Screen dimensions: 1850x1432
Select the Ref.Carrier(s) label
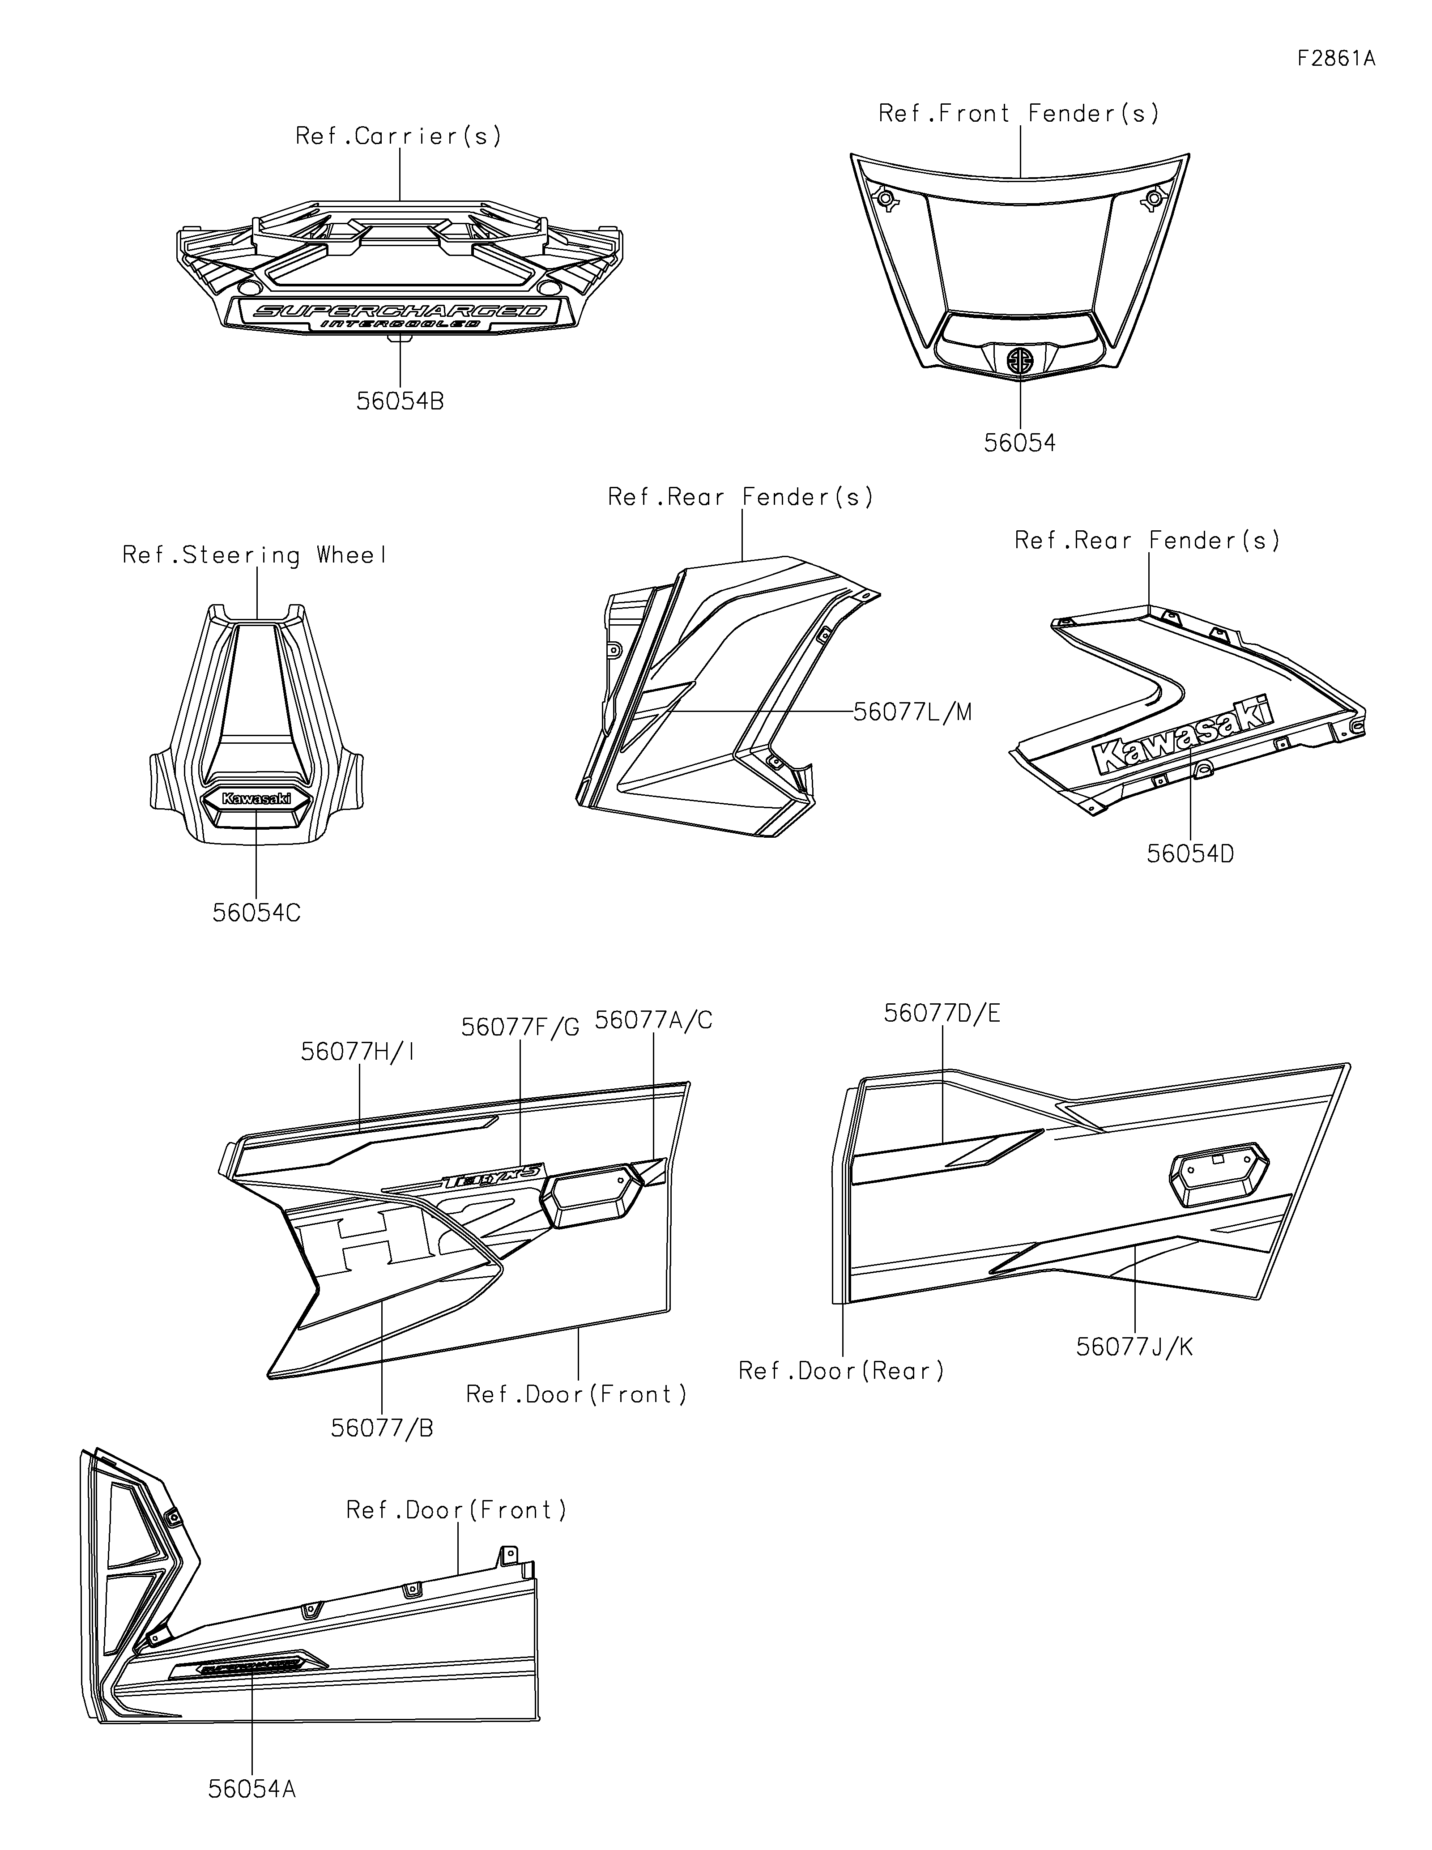pyautogui.click(x=398, y=136)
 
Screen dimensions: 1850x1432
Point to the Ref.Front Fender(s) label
pyautogui.click(x=1019, y=114)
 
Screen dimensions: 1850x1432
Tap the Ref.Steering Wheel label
pyautogui.click(x=256, y=556)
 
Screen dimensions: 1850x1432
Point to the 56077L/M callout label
pyautogui.click(x=912, y=712)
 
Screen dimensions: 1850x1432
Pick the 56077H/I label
pyautogui.click(x=358, y=1052)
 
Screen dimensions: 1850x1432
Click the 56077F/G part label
pyautogui.click(x=520, y=1027)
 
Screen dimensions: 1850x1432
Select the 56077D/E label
pyautogui.click(x=942, y=1013)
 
